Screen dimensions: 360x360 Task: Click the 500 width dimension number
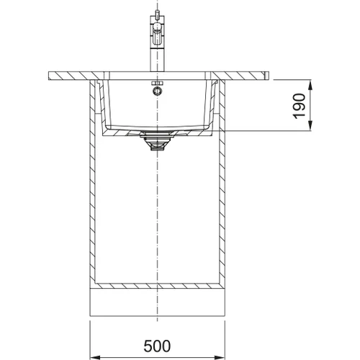157,346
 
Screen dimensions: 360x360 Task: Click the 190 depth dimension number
299,106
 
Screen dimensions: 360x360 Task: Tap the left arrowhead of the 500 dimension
95,356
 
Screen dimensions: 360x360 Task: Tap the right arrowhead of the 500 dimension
220,356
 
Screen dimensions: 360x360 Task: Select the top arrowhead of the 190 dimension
310,85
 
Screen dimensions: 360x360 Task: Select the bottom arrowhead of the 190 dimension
310,126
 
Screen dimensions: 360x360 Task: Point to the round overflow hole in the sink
157,91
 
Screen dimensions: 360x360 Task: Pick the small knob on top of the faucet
157,14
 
